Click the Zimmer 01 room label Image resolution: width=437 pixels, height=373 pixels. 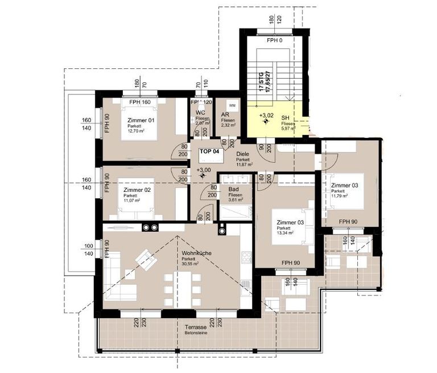click(x=139, y=120)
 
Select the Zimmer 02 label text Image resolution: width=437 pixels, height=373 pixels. click(x=137, y=190)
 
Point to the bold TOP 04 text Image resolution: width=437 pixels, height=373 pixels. click(x=209, y=152)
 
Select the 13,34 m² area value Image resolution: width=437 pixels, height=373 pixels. click(x=286, y=233)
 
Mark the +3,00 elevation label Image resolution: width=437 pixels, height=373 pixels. click(x=203, y=170)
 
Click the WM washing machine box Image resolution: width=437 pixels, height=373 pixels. click(x=232, y=106)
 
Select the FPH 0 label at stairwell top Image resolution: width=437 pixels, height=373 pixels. click(x=276, y=41)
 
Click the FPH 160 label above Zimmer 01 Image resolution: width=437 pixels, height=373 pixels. click(x=139, y=103)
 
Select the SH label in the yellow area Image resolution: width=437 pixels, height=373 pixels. click(x=285, y=118)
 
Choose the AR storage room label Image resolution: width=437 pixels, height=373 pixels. click(x=225, y=114)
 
